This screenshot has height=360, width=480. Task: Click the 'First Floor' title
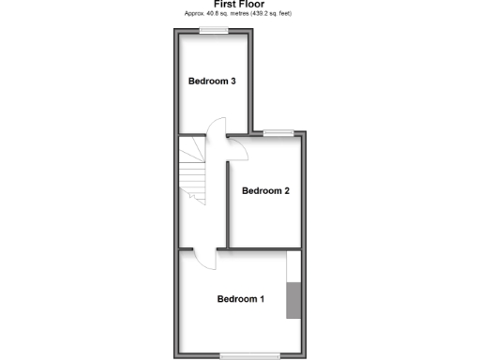239,4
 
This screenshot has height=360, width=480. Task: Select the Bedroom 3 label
211,82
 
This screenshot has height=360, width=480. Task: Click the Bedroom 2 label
265,191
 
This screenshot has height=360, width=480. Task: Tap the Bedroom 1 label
241,300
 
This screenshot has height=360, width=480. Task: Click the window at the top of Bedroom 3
213,30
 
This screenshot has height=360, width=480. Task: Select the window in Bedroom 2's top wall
277,133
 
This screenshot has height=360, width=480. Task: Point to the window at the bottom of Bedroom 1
249,354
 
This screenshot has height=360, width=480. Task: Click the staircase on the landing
193,169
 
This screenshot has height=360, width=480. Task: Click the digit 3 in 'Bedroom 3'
232,82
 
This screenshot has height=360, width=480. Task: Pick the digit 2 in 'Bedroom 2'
286,191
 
